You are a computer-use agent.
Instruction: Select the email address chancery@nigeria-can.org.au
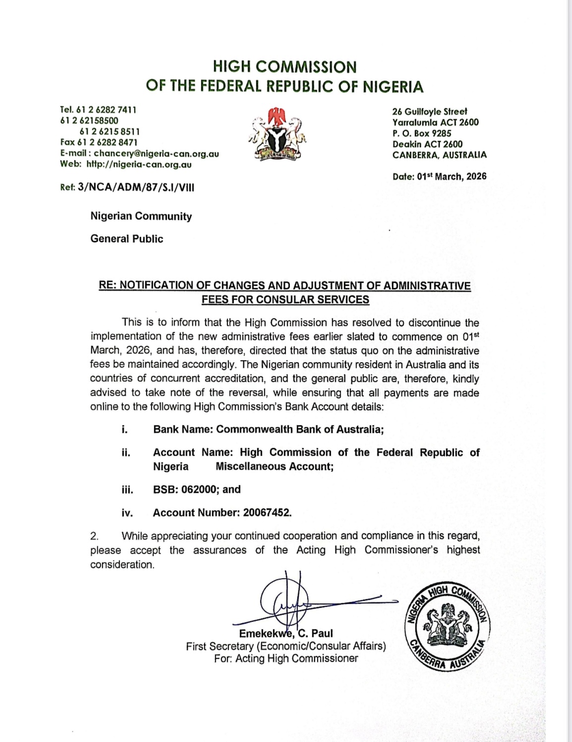coord(156,154)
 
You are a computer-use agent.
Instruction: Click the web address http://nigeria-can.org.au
coord(139,164)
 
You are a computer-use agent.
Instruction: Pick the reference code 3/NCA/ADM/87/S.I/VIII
coord(133,188)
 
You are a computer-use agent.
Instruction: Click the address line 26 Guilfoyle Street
coord(430,111)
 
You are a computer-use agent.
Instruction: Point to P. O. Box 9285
coord(422,133)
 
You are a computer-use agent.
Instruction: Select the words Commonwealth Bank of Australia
coord(299,429)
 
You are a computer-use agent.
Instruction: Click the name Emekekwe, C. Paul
coord(286,634)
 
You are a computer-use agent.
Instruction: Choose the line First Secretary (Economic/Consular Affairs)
coord(286,646)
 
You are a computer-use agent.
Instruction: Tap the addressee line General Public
coord(127,239)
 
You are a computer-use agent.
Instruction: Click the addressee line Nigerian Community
coord(141,216)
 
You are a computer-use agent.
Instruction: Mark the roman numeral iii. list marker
coord(127,490)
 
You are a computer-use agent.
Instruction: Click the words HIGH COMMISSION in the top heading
coord(285,67)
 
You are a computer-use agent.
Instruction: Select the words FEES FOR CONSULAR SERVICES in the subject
coord(285,299)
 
